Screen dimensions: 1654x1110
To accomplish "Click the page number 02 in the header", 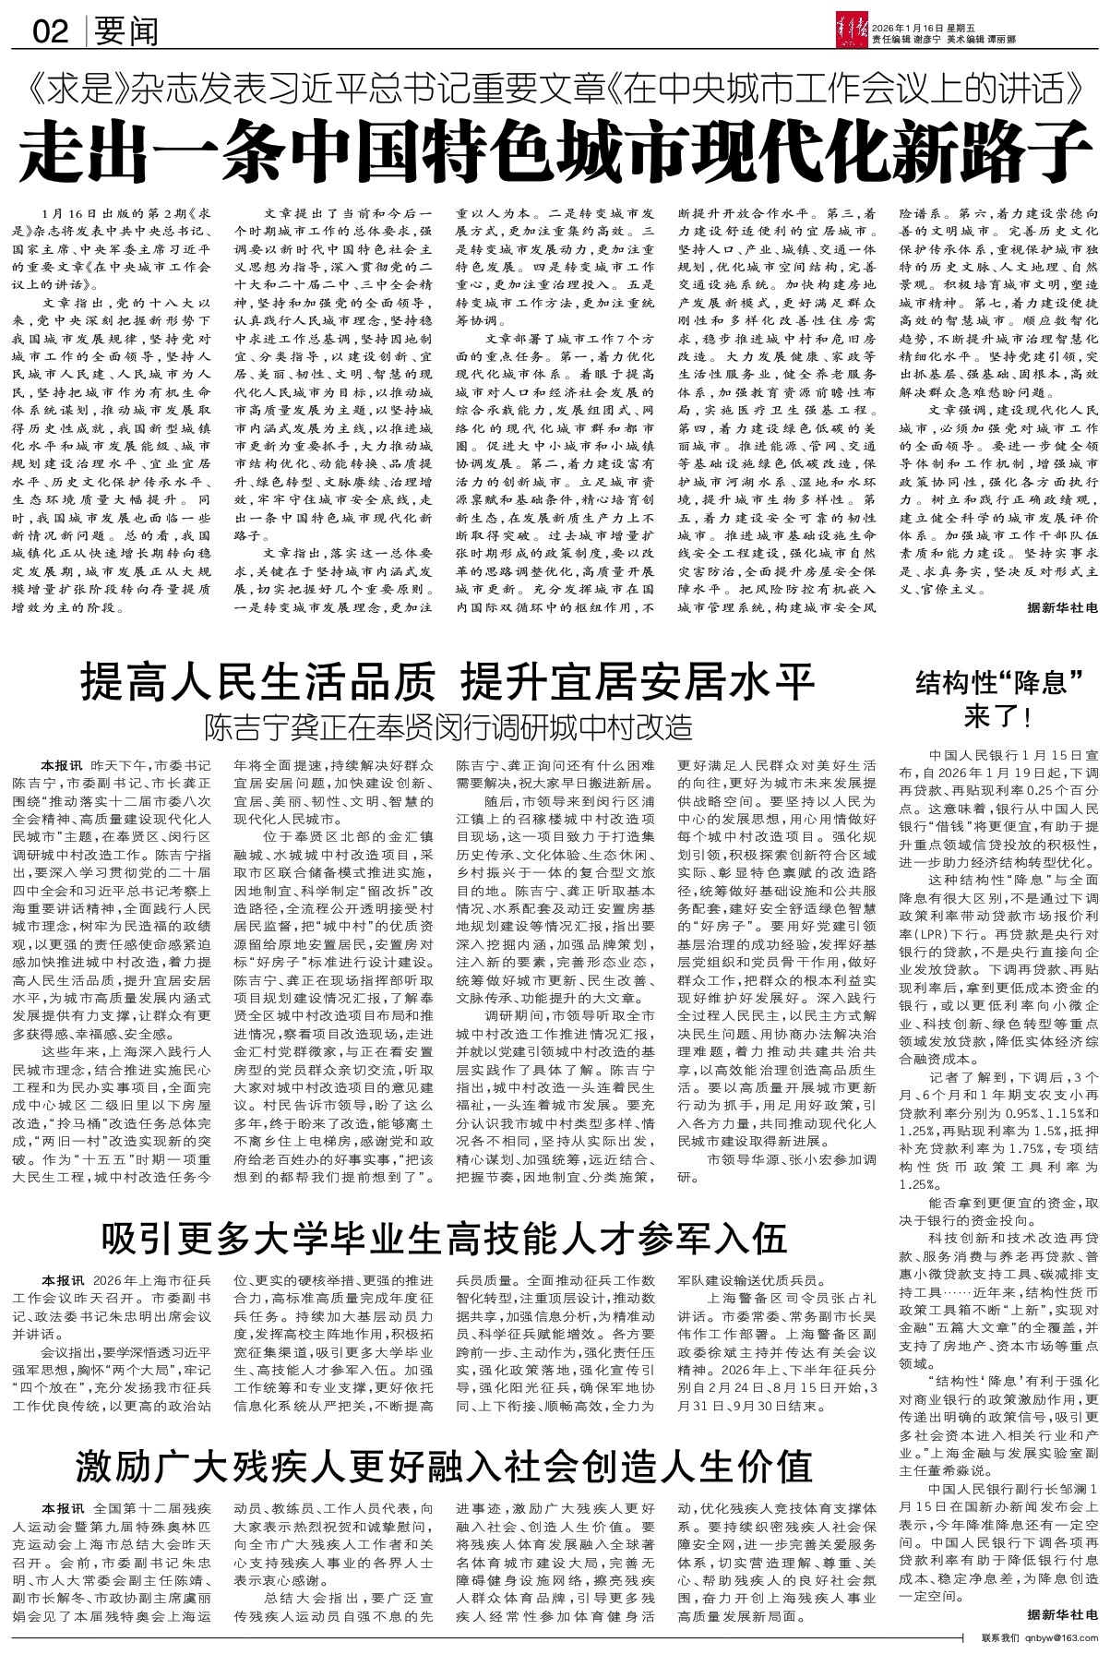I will (50, 32).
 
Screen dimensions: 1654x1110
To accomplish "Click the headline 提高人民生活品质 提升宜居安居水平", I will (448, 682).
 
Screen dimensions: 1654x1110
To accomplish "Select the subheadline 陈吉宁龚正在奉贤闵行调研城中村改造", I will (448, 726).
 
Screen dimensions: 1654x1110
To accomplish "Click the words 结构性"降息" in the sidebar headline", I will (998, 683).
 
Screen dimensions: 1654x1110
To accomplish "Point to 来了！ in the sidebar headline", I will (998, 715).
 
